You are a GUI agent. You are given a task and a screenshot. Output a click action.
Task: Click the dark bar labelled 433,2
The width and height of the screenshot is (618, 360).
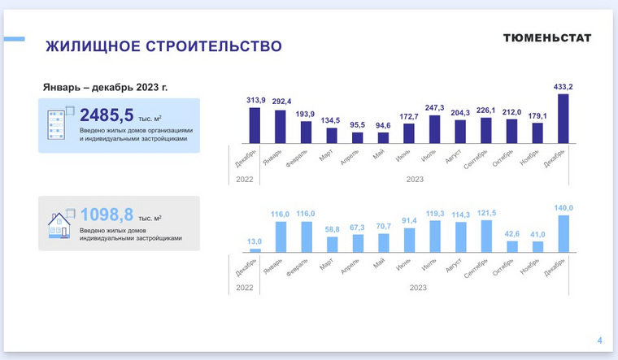(564, 119)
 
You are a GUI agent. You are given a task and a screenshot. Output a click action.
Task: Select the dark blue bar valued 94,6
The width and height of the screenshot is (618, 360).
(383, 138)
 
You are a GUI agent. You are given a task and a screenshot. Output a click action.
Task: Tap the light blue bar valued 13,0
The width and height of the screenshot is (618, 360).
(255, 250)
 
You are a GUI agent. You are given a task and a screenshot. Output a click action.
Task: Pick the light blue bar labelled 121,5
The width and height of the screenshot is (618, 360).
(486, 236)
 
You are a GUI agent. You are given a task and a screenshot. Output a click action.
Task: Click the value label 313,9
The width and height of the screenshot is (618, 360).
(256, 100)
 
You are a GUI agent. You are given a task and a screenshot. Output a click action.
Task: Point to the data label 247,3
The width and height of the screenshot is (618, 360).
(434, 107)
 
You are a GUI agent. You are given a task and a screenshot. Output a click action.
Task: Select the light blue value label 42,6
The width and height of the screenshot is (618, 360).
(512, 233)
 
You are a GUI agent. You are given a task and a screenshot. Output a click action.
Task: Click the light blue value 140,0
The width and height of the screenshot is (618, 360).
(564, 207)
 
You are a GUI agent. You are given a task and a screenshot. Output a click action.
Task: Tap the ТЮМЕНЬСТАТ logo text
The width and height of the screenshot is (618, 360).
(547, 38)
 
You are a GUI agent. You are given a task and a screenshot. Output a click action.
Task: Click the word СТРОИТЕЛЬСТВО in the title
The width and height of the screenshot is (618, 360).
(214, 46)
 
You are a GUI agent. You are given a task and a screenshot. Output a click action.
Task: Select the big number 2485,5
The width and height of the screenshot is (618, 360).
(107, 115)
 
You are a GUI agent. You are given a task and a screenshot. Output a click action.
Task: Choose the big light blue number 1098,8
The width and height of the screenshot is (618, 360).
(107, 215)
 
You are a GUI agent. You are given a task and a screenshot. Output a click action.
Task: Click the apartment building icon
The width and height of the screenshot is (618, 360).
(56, 124)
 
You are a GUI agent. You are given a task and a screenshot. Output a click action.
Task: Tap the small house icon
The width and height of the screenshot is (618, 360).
(59, 225)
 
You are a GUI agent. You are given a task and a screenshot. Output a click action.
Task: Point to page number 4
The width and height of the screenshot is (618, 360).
(599, 340)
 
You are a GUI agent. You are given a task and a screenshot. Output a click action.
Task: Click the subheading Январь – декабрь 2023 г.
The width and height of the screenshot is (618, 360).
(105, 87)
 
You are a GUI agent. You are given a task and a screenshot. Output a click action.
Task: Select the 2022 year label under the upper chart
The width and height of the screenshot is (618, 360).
(245, 180)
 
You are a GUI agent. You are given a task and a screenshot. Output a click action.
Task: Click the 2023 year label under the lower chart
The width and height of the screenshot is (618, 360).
(418, 288)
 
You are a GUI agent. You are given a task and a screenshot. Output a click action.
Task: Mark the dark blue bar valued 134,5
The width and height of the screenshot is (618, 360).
(332, 136)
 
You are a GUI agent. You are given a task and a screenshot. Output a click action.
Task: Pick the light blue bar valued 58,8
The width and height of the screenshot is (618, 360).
(333, 245)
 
